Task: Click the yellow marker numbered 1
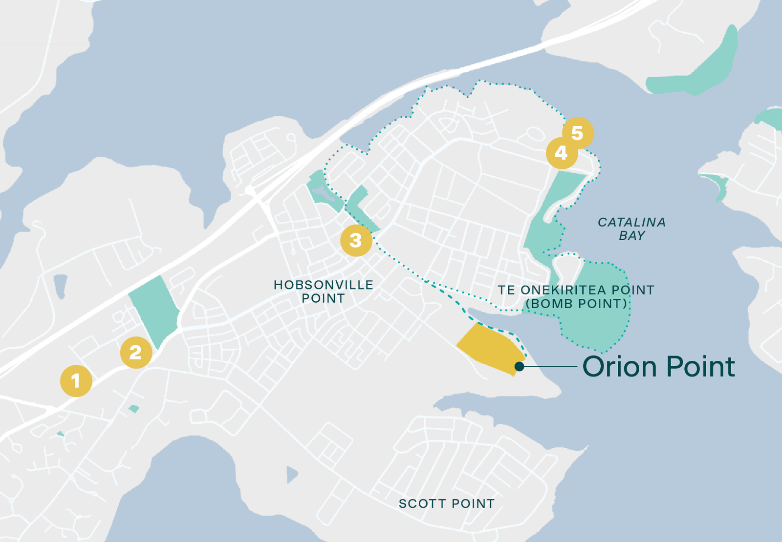76,381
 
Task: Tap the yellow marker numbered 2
136,352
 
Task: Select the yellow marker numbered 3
356,240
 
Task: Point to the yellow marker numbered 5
578,133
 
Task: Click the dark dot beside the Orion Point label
520,366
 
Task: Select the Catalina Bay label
631,229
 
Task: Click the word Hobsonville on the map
323,285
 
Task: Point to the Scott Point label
446,503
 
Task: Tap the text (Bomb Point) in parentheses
576,304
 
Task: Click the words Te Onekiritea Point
576,290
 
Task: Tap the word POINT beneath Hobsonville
323,298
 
